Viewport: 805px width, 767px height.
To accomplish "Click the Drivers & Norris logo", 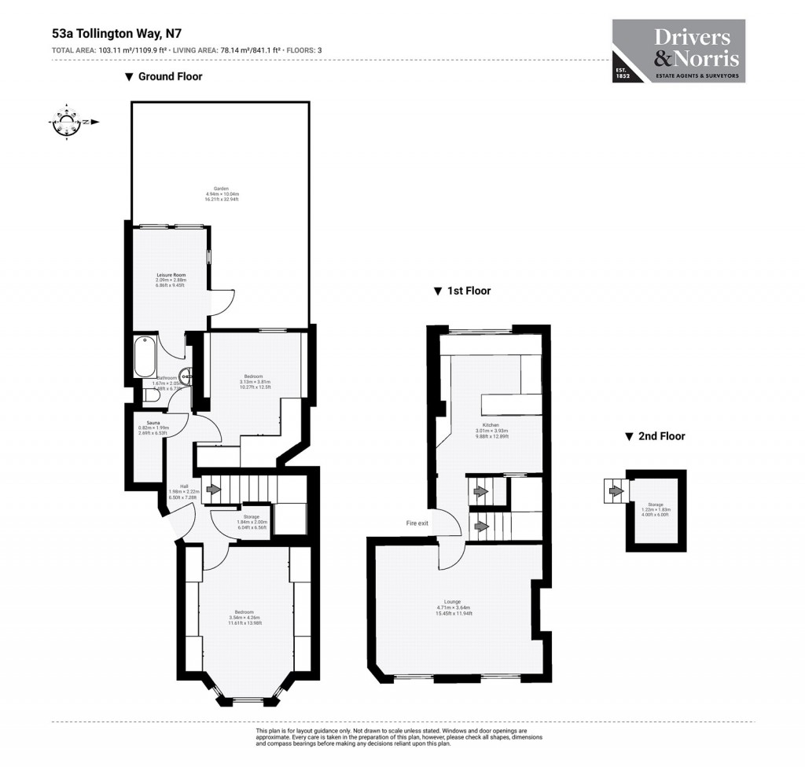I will (x=678, y=51).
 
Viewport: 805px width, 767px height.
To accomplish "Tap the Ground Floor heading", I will (x=164, y=76).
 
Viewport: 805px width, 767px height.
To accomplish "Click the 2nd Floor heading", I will (x=654, y=436).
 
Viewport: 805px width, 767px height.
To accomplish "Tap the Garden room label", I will (x=222, y=194).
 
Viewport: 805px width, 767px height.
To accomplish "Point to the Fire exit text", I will (x=417, y=523).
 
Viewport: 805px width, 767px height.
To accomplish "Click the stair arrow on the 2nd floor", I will (x=616, y=492).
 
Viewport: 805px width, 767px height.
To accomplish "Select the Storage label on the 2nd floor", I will (x=656, y=507).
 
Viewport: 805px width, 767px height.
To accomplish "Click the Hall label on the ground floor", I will (x=184, y=489).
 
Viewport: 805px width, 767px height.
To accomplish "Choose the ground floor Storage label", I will (x=251, y=519).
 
